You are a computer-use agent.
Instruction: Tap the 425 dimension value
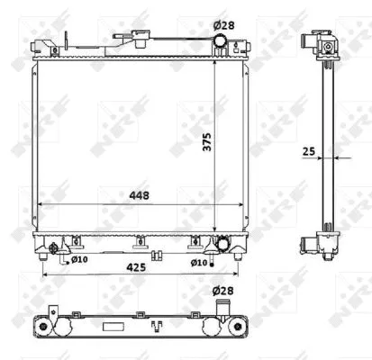137,267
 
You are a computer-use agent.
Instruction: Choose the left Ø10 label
78,262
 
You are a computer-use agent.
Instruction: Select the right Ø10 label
198,263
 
